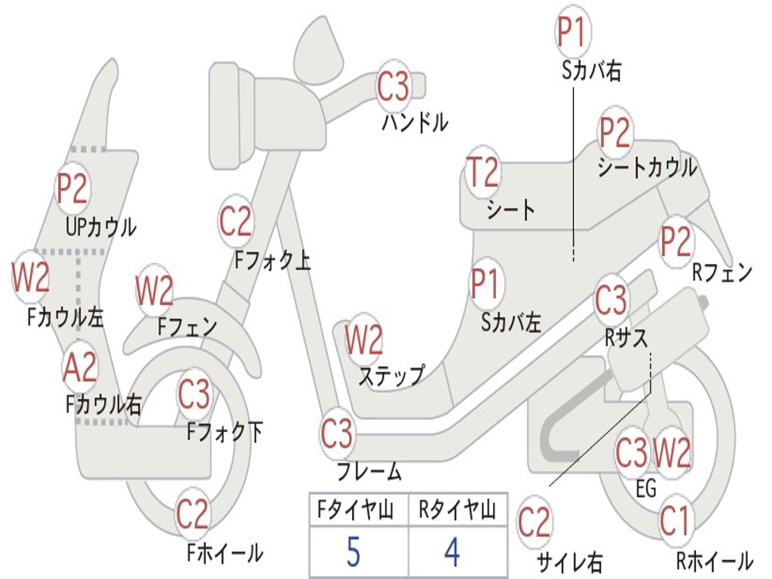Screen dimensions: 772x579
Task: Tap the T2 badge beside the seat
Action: point(482,172)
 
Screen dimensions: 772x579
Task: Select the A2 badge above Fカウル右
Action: point(80,367)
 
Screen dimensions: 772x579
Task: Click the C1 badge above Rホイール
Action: point(675,521)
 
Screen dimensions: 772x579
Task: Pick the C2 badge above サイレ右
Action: point(534,522)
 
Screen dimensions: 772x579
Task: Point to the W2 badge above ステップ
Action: point(363,340)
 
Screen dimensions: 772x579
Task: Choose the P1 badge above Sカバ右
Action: point(573,31)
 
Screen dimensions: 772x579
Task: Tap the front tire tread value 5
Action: point(353,552)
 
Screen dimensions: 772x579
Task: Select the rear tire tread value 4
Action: point(452,552)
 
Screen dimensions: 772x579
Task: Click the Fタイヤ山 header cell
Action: point(359,510)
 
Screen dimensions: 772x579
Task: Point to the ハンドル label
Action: point(415,122)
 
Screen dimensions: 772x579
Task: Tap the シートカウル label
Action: point(648,167)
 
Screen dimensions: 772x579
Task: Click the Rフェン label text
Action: point(722,272)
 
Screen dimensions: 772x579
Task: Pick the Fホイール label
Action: point(225,553)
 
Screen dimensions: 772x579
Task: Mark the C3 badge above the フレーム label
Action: point(337,433)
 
